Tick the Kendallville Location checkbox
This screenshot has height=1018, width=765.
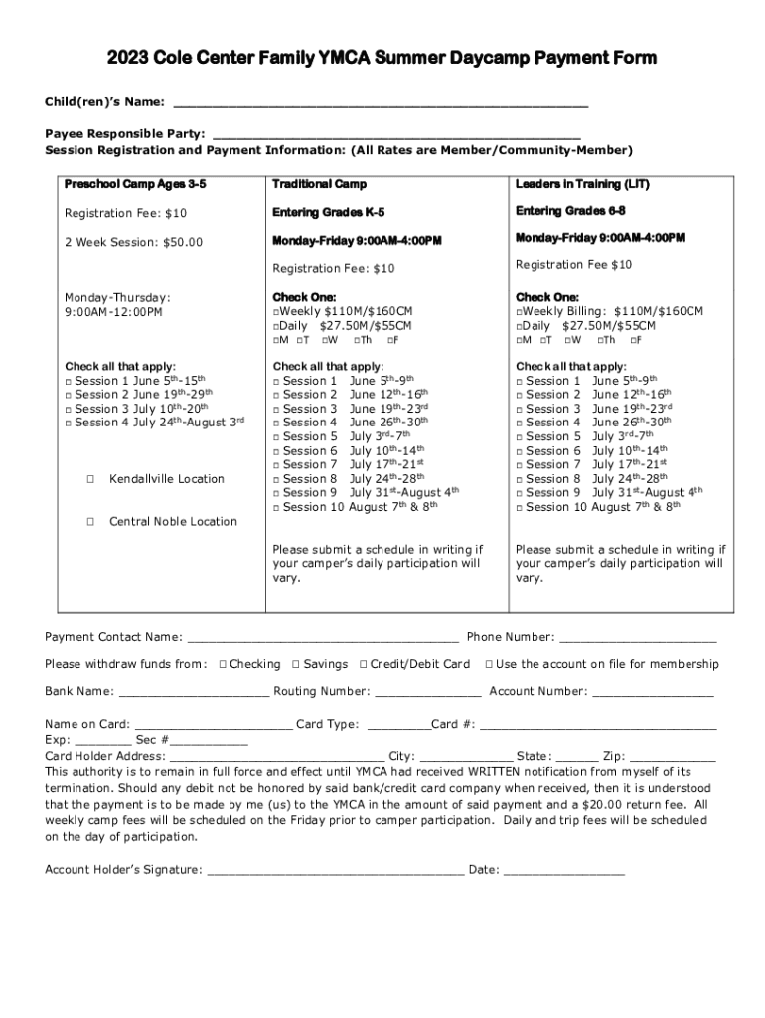click(89, 479)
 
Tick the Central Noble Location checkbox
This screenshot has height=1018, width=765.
click(89, 522)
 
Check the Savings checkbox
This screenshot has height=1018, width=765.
click(295, 664)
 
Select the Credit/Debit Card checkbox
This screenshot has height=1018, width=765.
click(363, 664)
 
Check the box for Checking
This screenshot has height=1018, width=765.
click(222, 664)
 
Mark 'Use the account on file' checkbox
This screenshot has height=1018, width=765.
click(488, 664)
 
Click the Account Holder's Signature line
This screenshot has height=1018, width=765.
click(334, 872)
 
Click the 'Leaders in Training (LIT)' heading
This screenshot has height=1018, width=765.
click(582, 184)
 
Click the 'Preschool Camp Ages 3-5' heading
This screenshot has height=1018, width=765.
click(135, 184)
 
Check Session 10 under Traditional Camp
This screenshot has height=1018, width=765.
click(277, 507)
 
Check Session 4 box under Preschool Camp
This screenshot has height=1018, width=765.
click(69, 423)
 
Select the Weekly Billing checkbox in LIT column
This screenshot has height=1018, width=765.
click(519, 312)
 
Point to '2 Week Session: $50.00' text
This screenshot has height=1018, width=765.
click(133, 242)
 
